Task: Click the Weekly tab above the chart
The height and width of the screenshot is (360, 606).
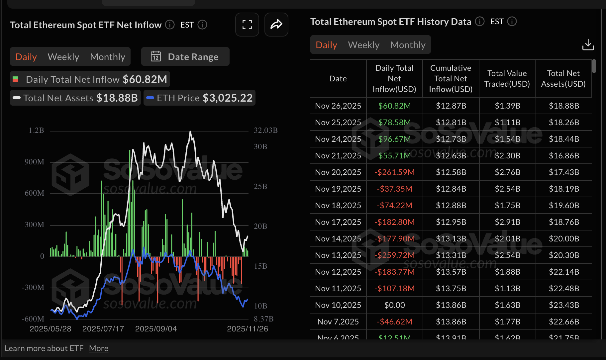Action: [63, 57]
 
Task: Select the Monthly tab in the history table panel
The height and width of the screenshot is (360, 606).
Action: [408, 45]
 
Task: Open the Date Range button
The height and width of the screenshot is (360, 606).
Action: [185, 57]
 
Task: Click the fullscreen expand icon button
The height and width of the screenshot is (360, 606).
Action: [247, 25]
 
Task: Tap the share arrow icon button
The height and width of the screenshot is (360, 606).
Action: [276, 25]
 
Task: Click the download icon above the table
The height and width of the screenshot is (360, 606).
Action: [588, 45]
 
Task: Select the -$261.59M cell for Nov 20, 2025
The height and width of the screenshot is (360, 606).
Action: [394, 172]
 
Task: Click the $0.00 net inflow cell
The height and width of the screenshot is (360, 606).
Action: [394, 305]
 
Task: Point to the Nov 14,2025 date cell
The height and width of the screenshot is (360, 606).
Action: [338, 239]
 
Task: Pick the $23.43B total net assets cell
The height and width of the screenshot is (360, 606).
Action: [564, 305]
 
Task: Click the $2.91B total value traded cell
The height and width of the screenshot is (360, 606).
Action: [507, 222]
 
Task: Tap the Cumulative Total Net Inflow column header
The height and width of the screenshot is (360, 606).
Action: [451, 79]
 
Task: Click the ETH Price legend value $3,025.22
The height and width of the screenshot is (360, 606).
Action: [228, 98]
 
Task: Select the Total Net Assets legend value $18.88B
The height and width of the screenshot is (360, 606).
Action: [117, 98]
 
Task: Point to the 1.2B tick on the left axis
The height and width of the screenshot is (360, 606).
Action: [36, 130]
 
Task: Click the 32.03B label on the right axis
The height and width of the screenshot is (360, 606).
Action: [265, 130]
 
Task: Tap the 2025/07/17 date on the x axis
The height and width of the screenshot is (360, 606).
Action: [103, 329]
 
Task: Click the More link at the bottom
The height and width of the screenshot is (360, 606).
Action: [99, 348]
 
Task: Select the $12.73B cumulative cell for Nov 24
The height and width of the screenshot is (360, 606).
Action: [451, 139]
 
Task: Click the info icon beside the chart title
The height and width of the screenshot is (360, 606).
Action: [170, 25]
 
